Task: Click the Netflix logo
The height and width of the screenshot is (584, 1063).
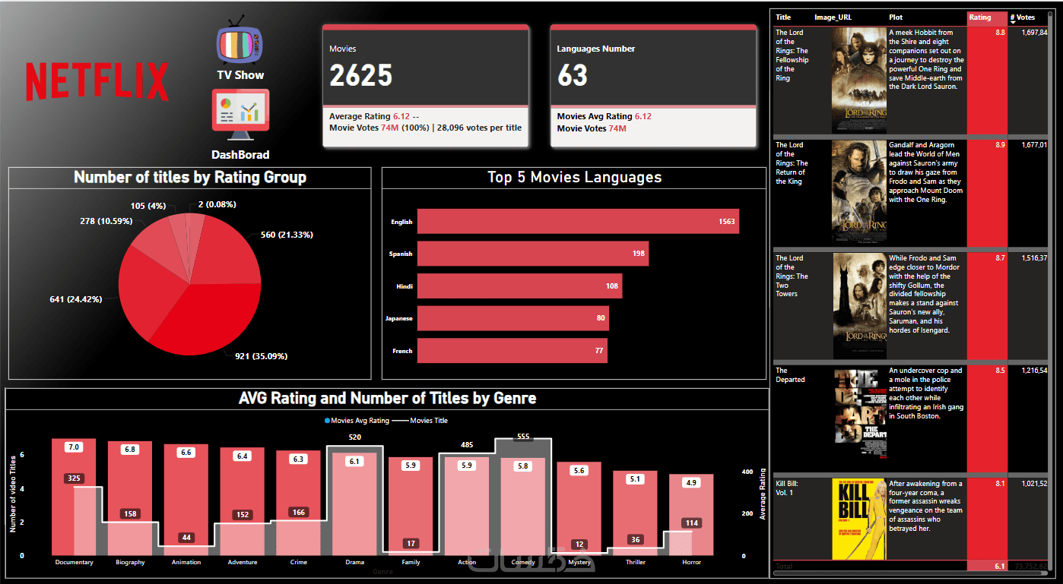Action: point(97,81)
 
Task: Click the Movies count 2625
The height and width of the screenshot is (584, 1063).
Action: point(361,75)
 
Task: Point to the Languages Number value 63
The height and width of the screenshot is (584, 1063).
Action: point(573,75)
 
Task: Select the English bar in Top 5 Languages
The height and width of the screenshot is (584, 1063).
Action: point(578,222)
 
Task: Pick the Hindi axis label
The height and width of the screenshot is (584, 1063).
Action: point(404,286)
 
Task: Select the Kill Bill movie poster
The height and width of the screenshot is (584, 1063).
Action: point(858,519)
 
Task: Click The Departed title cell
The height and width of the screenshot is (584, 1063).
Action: point(790,375)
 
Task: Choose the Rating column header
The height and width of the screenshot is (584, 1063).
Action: point(980,17)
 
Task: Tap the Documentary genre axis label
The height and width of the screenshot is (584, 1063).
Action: point(74,563)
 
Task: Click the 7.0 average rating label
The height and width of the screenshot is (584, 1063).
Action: point(74,447)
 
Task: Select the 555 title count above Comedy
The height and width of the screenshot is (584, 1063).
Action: point(522,437)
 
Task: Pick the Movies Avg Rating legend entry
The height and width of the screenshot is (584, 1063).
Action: point(357,420)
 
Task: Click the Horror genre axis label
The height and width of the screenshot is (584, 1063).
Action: point(691,563)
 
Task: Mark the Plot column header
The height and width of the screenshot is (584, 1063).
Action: point(896,17)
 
